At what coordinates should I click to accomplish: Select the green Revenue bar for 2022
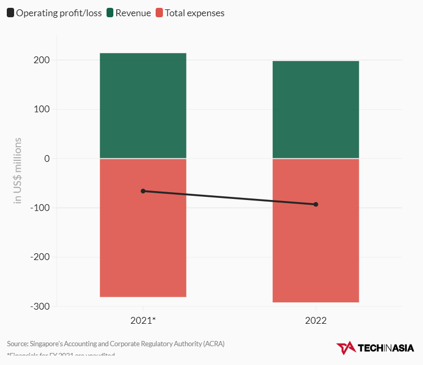point(315,110)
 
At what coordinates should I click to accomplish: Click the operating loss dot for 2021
point(143,191)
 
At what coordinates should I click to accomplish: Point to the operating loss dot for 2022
point(316,204)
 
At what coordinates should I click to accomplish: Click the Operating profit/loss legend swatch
point(10,13)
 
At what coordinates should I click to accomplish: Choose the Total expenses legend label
point(194,13)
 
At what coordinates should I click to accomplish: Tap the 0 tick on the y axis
point(46,159)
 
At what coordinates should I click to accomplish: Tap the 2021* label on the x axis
point(143,321)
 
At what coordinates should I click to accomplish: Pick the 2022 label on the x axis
point(316,321)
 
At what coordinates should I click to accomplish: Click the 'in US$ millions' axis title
point(18,170)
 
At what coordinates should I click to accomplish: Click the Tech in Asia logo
point(375,348)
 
